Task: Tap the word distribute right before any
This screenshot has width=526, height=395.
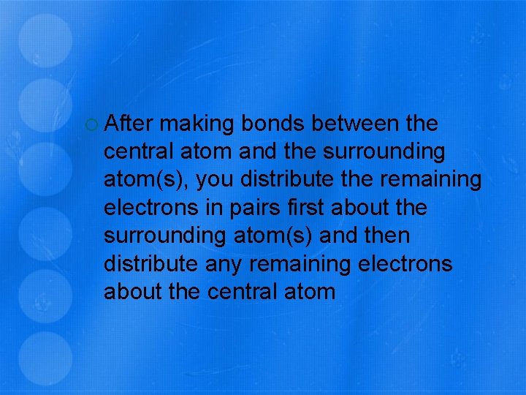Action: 151,264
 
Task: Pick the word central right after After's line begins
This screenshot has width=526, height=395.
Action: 142,152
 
